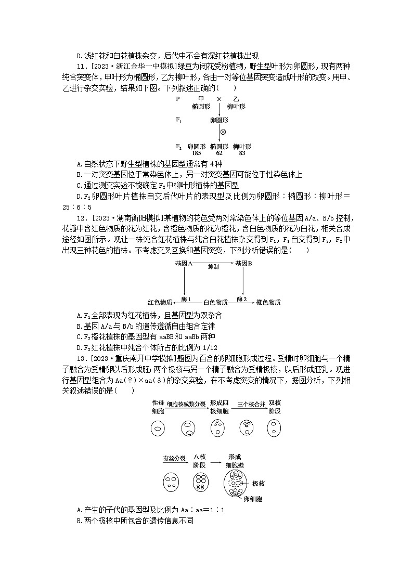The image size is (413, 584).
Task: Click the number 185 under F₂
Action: [197, 153]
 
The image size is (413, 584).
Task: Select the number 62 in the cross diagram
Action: [219, 153]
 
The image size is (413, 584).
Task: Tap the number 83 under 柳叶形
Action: [242, 153]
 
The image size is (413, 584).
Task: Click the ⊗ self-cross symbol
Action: [224, 132]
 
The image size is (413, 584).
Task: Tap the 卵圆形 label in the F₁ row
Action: [219, 120]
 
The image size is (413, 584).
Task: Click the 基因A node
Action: [184, 264]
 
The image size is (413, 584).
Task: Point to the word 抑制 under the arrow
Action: [213, 266]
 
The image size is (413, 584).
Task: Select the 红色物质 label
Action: [160, 302]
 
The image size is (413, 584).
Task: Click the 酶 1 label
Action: [186, 299]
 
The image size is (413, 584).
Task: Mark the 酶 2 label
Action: [242, 299]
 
